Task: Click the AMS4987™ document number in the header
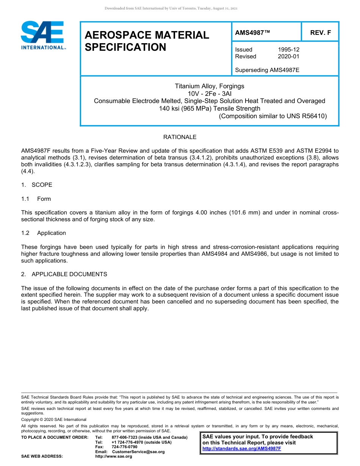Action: [252, 33]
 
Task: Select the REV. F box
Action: [320, 33]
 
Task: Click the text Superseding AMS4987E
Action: [267, 70]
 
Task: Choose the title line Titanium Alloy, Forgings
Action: [210, 86]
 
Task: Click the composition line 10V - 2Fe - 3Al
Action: [210, 94]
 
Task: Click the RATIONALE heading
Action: [180, 137]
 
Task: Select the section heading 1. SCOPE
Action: [37, 185]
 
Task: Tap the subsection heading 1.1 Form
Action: [36, 199]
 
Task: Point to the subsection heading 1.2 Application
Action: [44, 233]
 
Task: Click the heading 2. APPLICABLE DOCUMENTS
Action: [64, 274]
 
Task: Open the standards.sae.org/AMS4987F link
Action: [242, 449]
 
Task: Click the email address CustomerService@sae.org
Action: [138, 452]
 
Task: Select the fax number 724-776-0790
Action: [125, 447]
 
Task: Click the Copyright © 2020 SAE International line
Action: [54, 419]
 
